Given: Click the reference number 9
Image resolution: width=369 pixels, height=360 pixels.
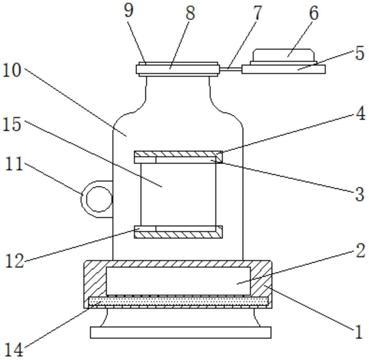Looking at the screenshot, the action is point(129,11).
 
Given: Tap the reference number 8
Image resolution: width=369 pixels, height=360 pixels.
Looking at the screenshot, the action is point(190,13).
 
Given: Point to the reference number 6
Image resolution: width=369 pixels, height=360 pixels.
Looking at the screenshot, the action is point(314,13).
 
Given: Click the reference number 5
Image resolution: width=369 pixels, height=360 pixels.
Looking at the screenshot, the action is point(360,53).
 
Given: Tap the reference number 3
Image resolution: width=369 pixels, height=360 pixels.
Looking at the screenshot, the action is point(360,194).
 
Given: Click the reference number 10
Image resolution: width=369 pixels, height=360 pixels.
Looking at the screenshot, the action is point(12,70).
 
